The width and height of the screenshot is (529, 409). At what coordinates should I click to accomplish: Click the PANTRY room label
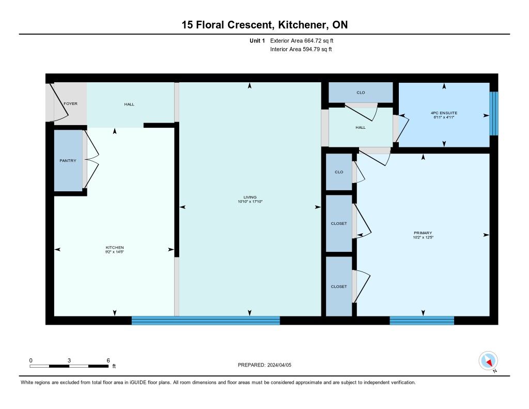pos(68,160)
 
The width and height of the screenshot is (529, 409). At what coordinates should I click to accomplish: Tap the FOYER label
pos(70,104)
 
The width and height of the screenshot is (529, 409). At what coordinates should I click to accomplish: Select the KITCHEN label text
pos(115,248)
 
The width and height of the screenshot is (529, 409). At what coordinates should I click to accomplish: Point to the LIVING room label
pos(250,197)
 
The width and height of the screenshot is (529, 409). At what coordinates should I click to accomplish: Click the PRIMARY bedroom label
pos(423,233)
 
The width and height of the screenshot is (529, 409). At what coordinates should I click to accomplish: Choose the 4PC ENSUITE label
pos(444,113)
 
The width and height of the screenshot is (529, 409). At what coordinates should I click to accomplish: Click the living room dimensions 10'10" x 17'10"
pos(250,202)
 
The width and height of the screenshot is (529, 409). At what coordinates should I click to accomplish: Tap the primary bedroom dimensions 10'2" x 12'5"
pos(423,237)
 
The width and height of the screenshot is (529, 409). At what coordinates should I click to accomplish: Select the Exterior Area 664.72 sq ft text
pos(302,40)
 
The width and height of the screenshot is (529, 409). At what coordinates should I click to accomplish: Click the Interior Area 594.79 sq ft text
pos(301,49)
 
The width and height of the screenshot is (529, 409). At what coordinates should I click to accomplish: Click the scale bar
pos(69,366)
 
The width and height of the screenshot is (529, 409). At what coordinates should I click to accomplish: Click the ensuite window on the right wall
pos(494,113)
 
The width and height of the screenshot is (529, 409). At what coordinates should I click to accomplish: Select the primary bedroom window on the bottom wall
pos(422,321)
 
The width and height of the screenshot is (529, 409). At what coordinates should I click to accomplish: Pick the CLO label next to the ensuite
pos(361,93)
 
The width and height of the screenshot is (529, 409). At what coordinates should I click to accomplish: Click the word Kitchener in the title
pos(302,25)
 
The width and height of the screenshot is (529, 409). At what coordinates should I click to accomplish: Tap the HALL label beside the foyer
pos(129,104)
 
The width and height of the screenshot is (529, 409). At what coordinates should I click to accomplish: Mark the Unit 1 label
pos(257,40)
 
